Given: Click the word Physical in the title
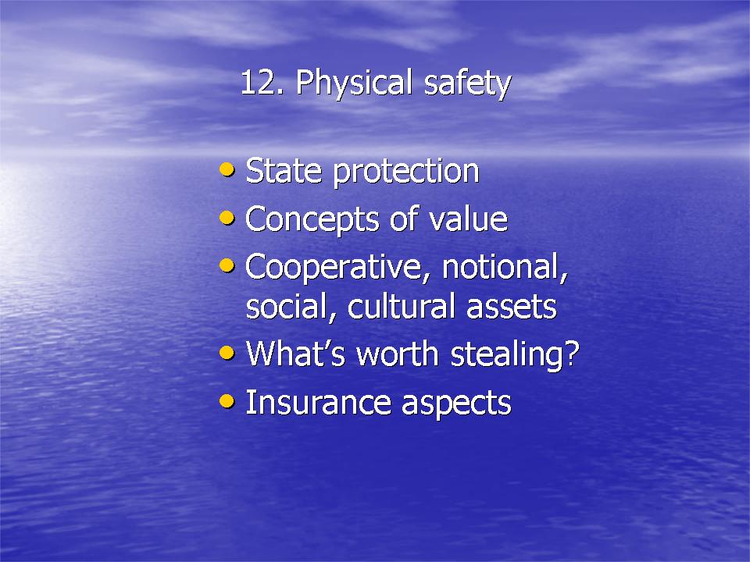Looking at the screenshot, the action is [x=354, y=84].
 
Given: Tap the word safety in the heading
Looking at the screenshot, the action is [x=467, y=84].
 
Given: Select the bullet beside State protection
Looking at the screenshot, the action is [x=227, y=169].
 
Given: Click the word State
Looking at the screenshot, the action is [x=284, y=171].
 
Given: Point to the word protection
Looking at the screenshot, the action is [x=406, y=173].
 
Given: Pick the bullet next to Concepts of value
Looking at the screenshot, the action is [x=227, y=218].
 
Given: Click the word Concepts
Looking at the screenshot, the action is [x=312, y=220].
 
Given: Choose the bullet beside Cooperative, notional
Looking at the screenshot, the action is [x=227, y=265].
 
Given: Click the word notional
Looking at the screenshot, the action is [x=505, y=267].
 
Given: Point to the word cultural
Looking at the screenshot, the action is [x=401, y=306].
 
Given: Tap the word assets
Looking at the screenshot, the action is [x=511, y=308].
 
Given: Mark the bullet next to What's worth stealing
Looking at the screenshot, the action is [x=227, y=353].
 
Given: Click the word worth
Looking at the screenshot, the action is [x=398, y=354].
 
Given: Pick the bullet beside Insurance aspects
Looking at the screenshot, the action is [x=227, y=400].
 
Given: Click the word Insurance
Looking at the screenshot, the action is [x=318, y=403].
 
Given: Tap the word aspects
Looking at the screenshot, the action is [x=456, y=404].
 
